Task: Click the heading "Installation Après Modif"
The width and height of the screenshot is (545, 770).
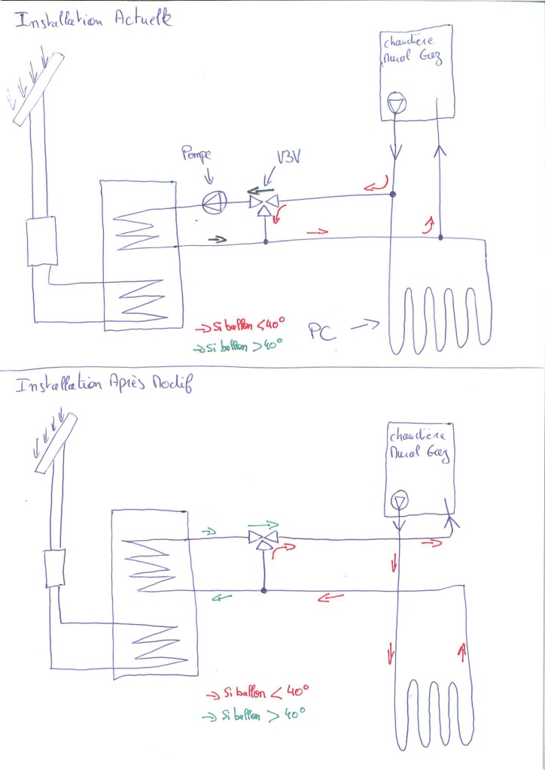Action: click(x=104, y=386)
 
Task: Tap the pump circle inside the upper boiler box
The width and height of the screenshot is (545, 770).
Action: click(x=393, y=105)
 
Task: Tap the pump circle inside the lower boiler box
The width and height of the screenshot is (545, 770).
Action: click(x=399, y=502)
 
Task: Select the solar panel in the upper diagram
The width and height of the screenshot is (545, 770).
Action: click(x=32, y=87)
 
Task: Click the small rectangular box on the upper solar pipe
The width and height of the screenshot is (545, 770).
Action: click(x=42, y=241)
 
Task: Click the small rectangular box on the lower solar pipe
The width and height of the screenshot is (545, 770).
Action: click(x=55, y=568)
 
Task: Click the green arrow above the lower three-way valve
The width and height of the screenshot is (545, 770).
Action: click(x=262, y=525)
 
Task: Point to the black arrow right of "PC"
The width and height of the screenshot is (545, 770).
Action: click(x=364, y=326)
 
